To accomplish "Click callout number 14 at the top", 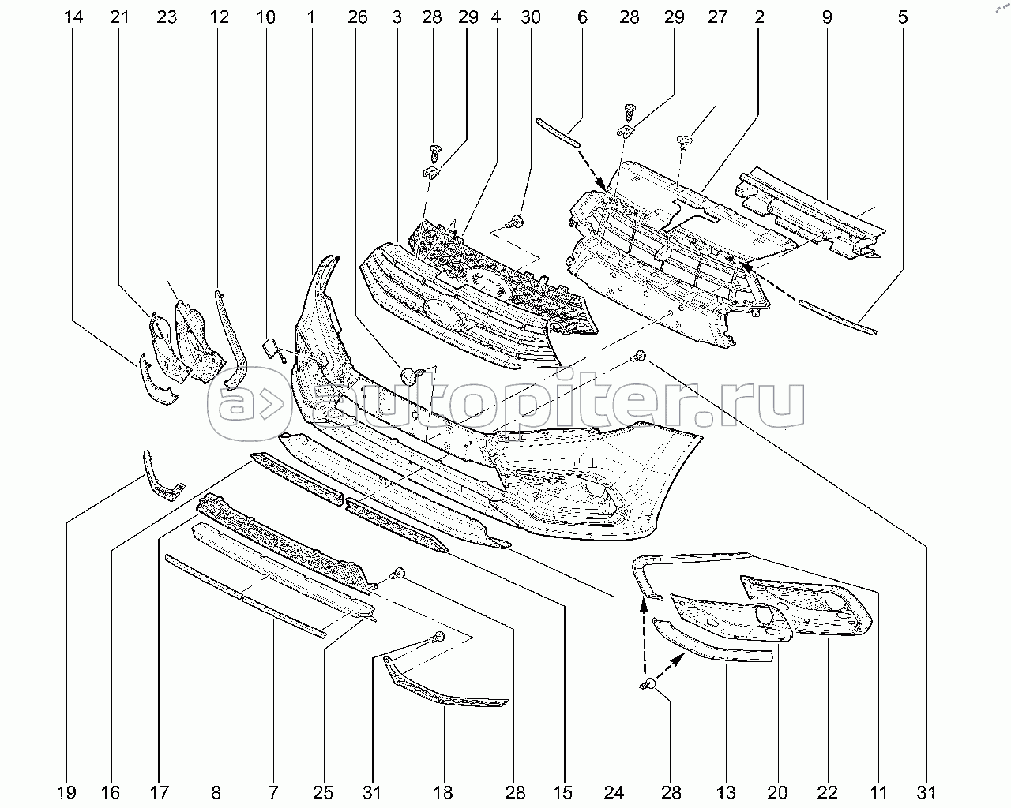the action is coord(73,17).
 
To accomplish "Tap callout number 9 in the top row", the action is coord(827,17).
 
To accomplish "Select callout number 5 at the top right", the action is coord(903,17).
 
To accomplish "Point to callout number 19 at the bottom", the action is coord(66,793).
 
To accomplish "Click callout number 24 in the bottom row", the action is coord(614,793).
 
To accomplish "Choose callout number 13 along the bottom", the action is coord(727,793).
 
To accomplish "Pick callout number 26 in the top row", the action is coord(358,17).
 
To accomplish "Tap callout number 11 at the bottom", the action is coord(878,793).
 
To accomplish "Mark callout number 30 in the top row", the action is coord(531,17).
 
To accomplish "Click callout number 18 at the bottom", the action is coord(443,793).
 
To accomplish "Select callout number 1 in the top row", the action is coord(310,17).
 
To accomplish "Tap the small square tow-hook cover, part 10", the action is coord(271,347).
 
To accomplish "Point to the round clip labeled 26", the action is coord(408,376).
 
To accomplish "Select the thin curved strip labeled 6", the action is coord(558,133).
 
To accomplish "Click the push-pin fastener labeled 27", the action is coord(686,142).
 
